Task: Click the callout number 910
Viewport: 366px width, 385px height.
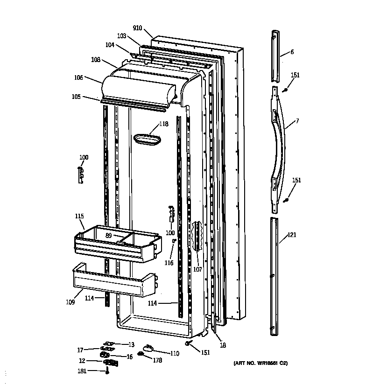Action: (137, 28)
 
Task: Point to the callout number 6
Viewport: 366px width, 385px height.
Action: (292, 52)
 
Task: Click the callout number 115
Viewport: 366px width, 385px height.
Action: (79, 216)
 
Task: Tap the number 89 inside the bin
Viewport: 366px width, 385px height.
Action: (108, 236)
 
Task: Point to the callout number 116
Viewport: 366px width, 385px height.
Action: (169, 263)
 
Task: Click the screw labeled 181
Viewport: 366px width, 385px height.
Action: (107, 371)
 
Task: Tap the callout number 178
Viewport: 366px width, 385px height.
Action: (157, 360)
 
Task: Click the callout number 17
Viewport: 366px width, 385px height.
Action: (80, 350)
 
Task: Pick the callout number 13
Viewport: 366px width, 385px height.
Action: (131, 345)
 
